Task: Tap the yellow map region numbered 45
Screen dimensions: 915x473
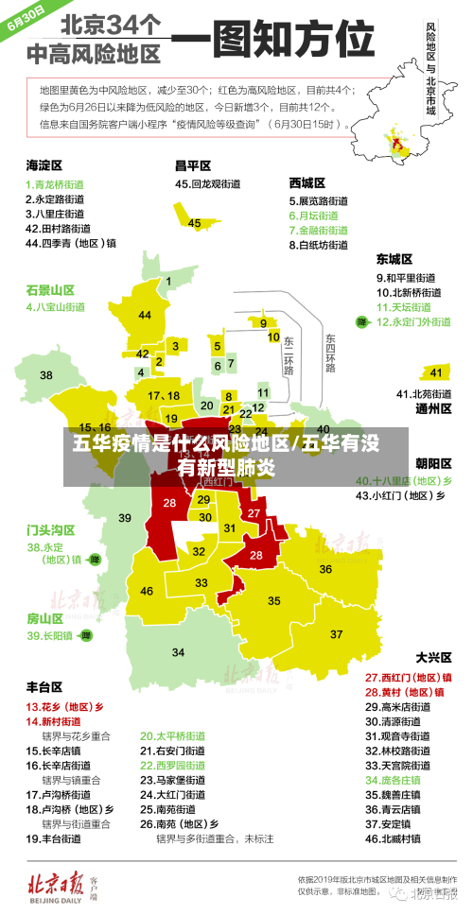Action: [x=195, y=222]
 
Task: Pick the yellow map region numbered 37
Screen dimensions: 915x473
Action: [x=337, y=632]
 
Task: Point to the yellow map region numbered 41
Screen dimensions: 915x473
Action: [x=436, y=371]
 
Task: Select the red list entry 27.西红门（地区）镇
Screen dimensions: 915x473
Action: [x=409, y=678]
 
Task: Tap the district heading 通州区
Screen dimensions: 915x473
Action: [x=433, y=409]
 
